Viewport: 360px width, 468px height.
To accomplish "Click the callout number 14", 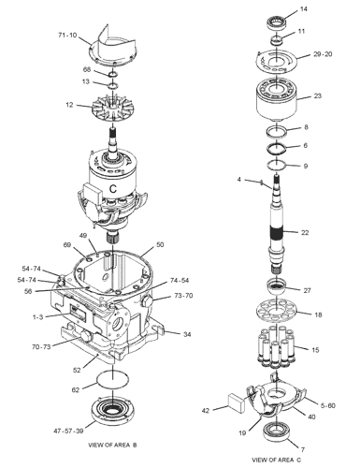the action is point(303,9).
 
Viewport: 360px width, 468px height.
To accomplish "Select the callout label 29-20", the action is point(323,54).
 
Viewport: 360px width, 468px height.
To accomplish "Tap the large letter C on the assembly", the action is point(113,189).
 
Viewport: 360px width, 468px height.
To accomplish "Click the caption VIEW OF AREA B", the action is point(112,445).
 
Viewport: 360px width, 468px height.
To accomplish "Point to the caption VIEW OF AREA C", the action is point(277,460).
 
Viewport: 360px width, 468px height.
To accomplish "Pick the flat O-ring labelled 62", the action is point(112,380).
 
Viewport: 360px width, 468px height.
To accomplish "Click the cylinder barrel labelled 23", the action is point(276,100).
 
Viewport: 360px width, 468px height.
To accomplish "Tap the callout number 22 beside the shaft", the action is point(305,232).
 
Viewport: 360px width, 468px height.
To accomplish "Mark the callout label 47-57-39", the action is point(68,431).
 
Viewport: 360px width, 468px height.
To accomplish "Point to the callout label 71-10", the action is point(67,35).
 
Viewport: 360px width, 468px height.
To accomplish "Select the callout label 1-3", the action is point(37,317).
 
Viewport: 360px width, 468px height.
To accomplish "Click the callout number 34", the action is point(187,334).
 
